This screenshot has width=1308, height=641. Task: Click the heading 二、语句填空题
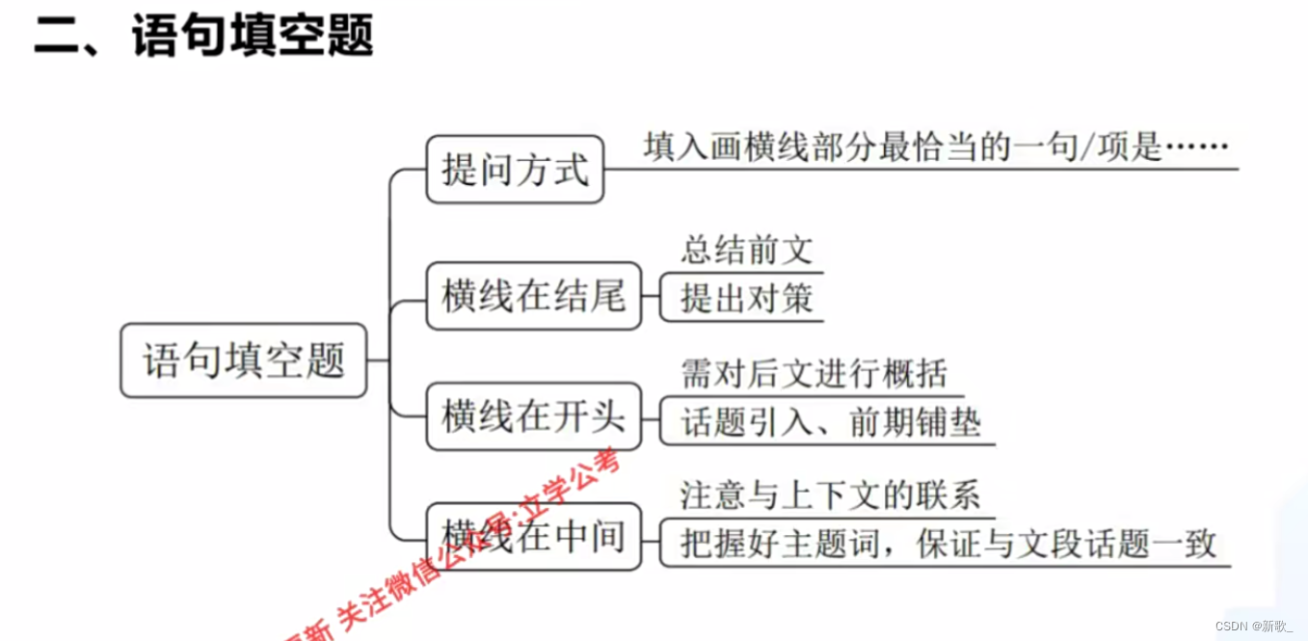pos(203,37)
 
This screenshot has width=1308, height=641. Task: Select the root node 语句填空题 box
pos(243,361)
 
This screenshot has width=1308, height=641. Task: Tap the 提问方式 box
pos(515,171)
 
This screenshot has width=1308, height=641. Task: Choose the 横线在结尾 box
pos(533,296)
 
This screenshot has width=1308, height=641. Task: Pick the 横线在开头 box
pos(533,416)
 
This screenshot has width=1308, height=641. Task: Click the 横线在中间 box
pos(533,536)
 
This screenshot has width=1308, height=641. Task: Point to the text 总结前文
pos(747,251)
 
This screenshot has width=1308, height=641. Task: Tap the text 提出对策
pos(747,298)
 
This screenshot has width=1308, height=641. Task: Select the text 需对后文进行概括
pos(814,373)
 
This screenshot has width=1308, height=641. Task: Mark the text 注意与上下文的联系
pos(830,494)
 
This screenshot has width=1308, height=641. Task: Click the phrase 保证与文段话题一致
pos(1066,544)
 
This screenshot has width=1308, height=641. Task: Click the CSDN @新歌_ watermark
pos(1254,626)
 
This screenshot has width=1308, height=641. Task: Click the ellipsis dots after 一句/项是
pos(1197,148)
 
